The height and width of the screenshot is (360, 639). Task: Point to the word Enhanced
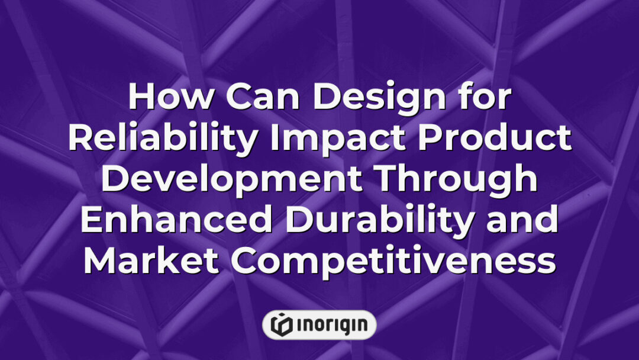tap(175, 221)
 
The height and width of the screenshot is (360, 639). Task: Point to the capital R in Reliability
tap(79, 139)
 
